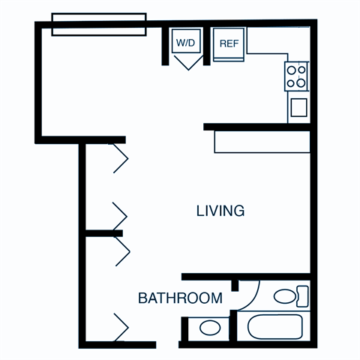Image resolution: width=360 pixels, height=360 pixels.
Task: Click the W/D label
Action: click(x=185, y=42)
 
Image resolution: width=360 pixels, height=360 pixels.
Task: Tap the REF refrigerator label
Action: click(x=229, y=42)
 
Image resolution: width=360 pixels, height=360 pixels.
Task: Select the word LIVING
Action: click(x=220, y=211)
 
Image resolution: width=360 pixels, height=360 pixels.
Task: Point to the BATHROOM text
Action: click(x=180, y=298)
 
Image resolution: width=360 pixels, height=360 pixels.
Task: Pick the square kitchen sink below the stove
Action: click(x=298, y=106)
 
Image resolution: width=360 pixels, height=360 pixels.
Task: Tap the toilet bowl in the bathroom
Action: click(x=284, y=297)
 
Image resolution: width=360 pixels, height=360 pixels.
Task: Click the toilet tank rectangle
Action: click(x=302, y=296)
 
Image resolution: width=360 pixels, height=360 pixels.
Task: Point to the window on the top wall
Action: click(x=98, y=23)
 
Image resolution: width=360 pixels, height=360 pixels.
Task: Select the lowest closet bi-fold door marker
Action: click(x=121, y=328)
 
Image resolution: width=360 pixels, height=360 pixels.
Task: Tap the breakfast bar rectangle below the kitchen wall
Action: click(x=260, y=142)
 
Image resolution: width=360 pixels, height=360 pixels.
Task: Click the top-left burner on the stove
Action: click(x=291, y=70)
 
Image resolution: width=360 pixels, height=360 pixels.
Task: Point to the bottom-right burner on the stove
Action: click(x=301, y=82)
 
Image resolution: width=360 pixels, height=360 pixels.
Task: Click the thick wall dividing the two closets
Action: click(x=103, y=234)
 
